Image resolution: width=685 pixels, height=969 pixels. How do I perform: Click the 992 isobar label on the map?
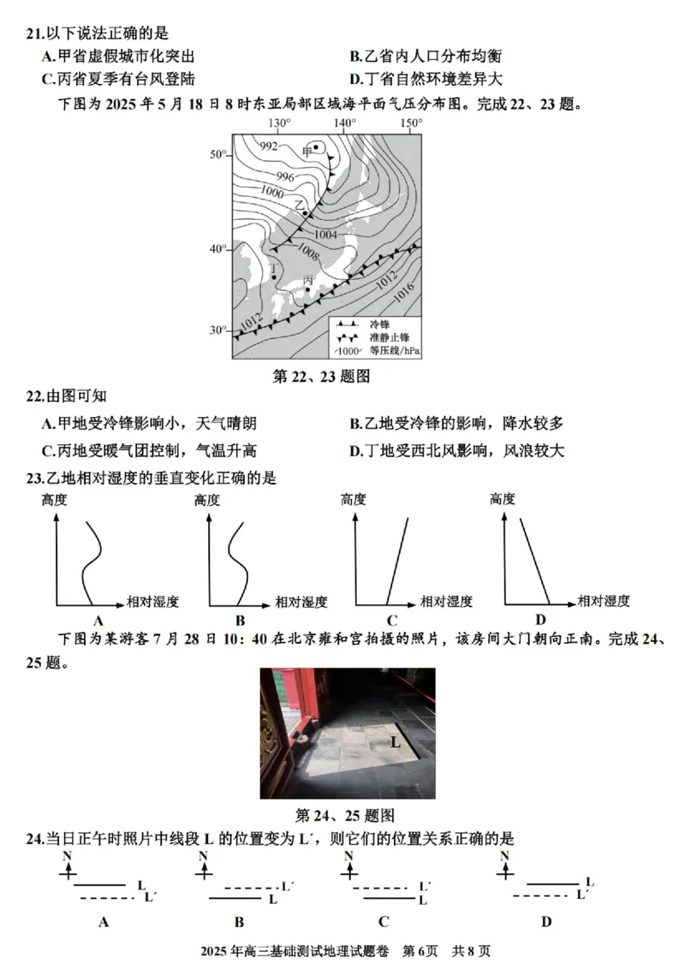coord(269,146)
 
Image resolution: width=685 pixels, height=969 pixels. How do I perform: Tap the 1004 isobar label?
coord(325,235)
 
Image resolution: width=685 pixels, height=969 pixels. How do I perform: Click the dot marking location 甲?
coord(316,147)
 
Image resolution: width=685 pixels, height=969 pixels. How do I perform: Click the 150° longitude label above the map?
coord(409,123)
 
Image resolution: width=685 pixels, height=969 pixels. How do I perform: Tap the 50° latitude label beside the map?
coord(217,154)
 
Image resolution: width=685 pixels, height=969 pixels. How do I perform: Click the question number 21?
coord(33,33)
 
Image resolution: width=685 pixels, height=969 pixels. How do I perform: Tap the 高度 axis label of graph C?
coord(353,499)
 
